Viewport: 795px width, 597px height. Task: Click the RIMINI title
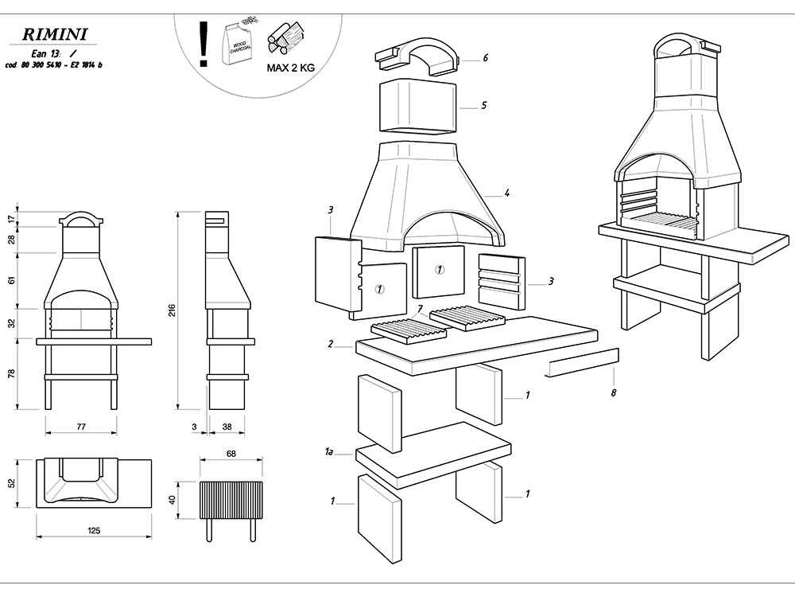(55, 34)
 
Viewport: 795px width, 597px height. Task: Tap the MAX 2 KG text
(291, 68)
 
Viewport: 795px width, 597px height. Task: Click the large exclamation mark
(204, 43)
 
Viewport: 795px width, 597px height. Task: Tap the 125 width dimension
(93, 529)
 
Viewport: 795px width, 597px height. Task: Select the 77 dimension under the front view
(81, 427)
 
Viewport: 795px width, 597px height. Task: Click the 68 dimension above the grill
(231, 454)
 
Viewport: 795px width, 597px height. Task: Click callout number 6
(485, 58)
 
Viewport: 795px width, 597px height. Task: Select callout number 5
(483, 104)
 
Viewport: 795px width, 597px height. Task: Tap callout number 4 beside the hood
(506, 193)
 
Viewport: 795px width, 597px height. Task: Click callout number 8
(613, 392)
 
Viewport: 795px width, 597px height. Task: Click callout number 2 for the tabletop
(329, 344)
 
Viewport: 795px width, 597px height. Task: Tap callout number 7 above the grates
(421, 306)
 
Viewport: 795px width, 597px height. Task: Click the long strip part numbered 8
(582, 363)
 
